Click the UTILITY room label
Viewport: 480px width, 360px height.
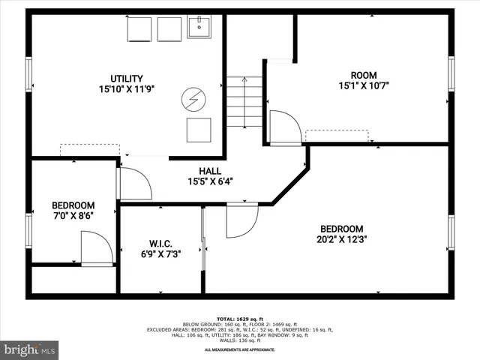(x=125, y=78)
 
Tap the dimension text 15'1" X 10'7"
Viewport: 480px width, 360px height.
(x=363, y=85)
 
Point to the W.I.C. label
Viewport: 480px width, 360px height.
(x=160, y=244)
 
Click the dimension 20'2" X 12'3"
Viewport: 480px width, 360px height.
(x=341, y=240)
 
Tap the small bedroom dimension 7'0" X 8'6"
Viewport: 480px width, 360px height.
(x=73, y=216)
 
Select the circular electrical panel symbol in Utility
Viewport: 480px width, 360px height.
(x=192, y=98)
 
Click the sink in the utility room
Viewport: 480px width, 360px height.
(x=199, y=28)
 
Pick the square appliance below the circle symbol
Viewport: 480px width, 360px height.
(x=199, y=129)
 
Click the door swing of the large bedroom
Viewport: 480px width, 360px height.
(x=241, y=220)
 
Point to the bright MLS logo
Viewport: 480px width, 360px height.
(x=30, y=349)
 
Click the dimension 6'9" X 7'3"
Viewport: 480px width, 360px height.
(x=160, y=255)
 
